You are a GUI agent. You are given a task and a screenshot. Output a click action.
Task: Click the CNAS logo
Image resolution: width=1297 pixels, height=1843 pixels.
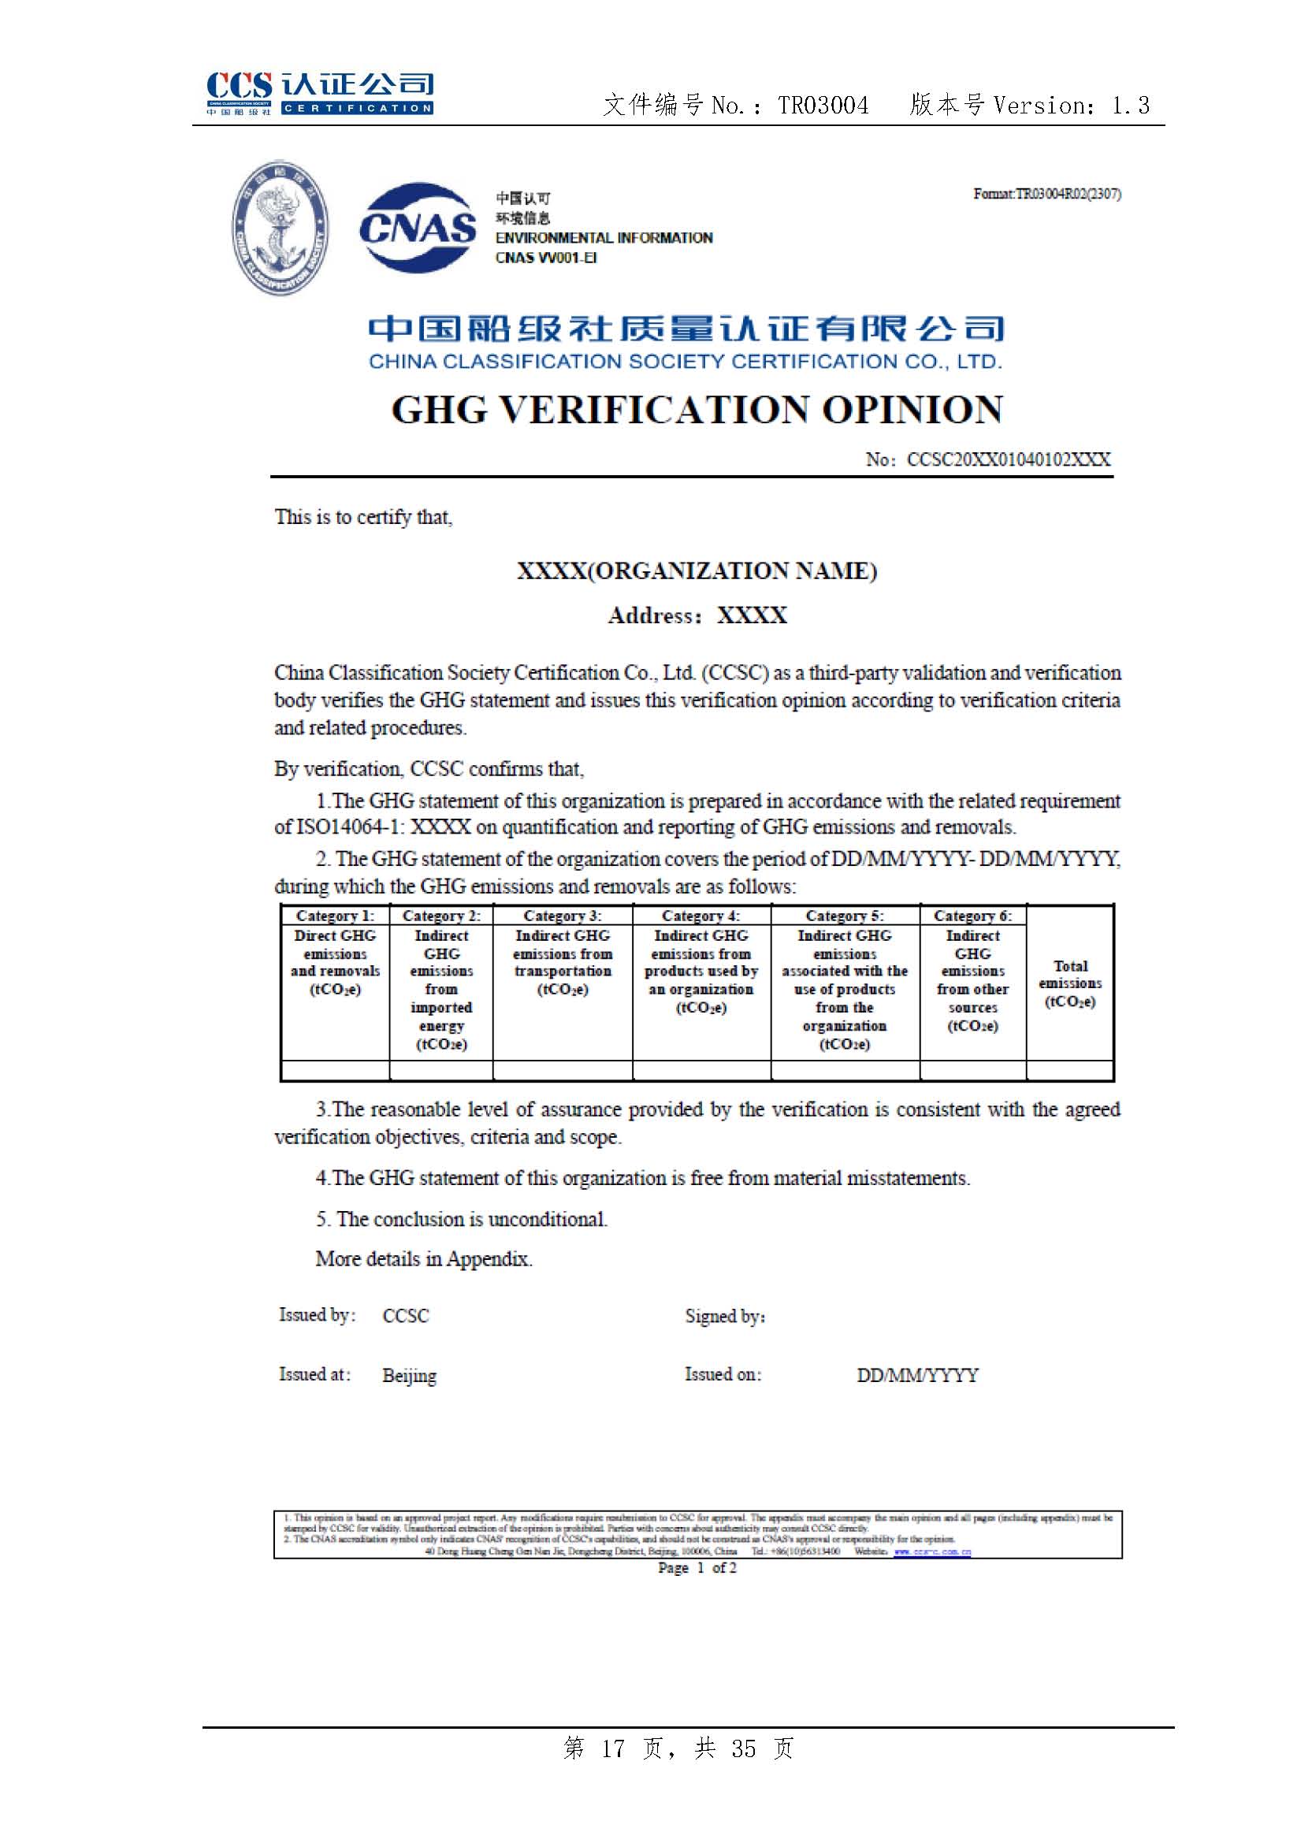[x=417, y=228]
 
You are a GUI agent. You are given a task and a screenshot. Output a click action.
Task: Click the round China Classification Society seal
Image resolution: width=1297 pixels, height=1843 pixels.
[x=280, y=227]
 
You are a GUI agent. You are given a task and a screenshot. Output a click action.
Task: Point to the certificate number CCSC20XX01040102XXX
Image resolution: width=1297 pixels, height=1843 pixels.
[x=1008, y=459]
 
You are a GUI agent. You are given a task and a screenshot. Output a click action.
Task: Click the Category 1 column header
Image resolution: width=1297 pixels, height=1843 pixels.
[x=335, y=916]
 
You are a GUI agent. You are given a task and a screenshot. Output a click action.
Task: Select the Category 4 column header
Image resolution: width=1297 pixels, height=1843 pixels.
[x=701, y=916]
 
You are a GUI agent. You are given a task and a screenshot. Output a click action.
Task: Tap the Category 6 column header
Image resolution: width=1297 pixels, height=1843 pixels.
[x=972, y=916]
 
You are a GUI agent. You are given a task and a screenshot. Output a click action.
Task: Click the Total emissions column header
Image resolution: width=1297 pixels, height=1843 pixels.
[x=1070, y=983]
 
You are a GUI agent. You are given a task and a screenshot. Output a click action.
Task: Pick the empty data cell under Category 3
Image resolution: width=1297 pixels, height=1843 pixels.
[x=562, y=1070]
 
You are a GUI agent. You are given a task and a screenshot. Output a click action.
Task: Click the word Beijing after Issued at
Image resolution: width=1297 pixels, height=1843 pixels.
[x=409, y=1375]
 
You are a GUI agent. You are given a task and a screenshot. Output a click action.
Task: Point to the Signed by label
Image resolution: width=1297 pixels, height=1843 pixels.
[x=725, y=1317]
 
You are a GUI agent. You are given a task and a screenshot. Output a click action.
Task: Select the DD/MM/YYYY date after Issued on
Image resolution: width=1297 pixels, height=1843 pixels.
[x=917, y=1375]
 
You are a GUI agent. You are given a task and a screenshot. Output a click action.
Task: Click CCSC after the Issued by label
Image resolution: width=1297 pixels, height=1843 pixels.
[x=405, y=1317]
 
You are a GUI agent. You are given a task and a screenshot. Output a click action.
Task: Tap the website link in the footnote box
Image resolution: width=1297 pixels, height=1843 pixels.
[x=932, y=1551]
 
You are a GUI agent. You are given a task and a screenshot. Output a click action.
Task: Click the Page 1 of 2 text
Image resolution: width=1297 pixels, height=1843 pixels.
[x=697, y=1568]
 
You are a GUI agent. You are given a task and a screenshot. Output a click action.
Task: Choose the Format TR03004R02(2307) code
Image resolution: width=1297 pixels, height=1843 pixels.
[x=1046, y=194]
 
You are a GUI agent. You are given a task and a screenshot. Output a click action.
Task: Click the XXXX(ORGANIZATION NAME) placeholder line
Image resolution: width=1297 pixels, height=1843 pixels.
[x=697, y=570]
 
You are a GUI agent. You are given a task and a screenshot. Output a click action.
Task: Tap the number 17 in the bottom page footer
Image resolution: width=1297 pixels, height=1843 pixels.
[x=612, y=1748]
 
